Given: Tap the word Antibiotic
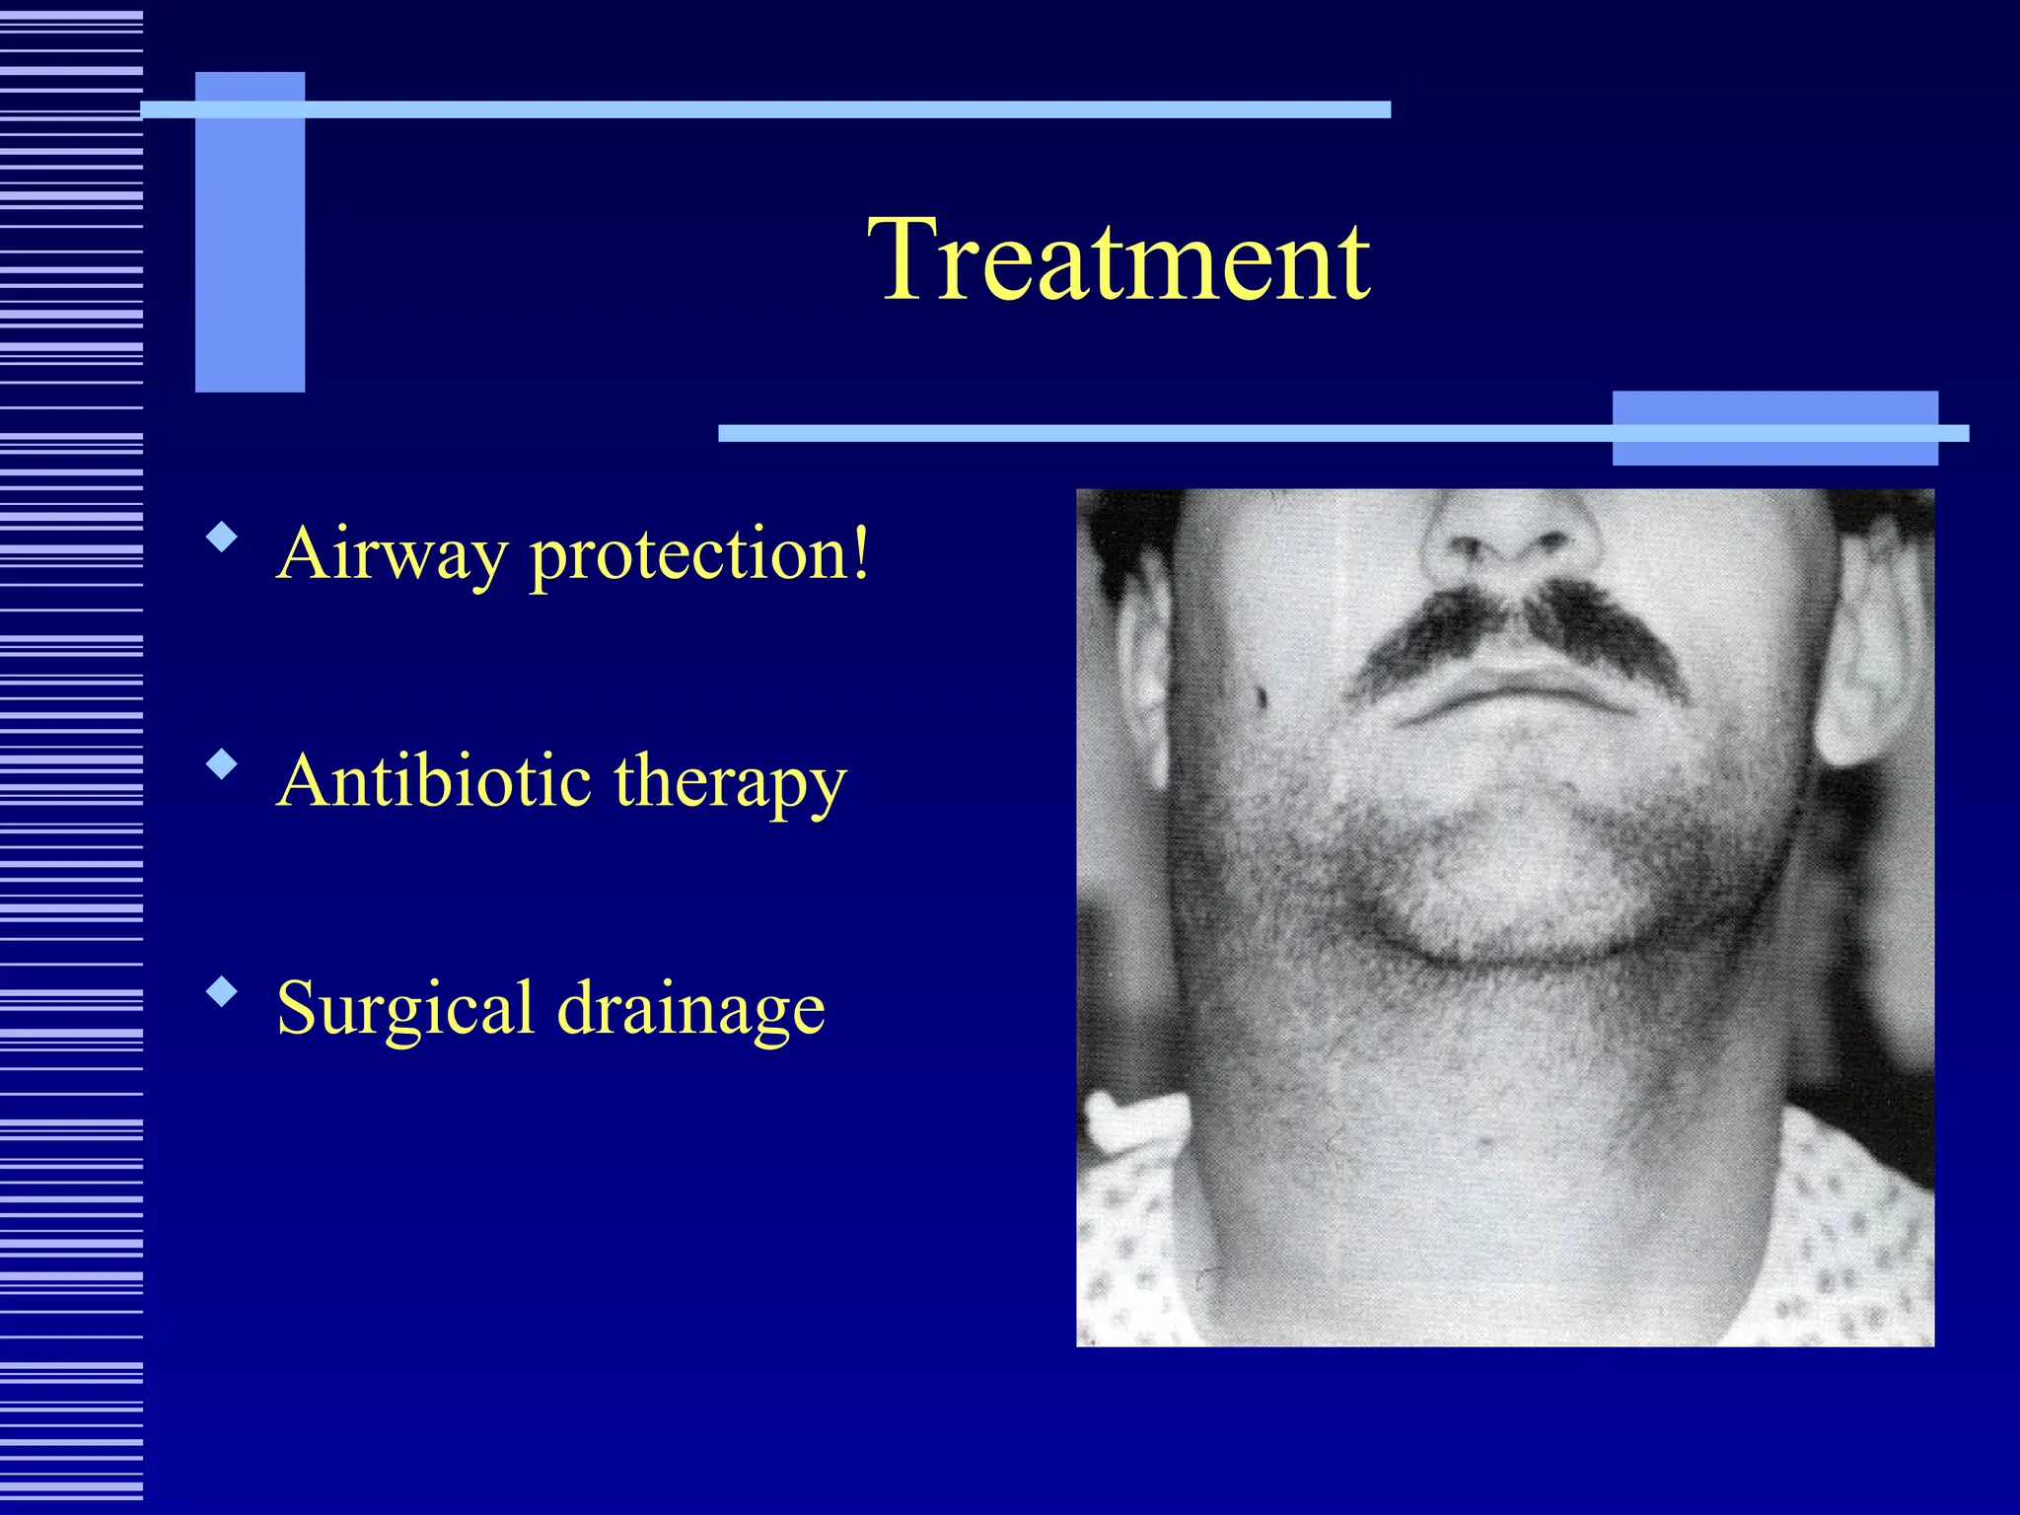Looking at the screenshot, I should tap(434, 780).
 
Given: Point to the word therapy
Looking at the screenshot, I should tap(730, 784).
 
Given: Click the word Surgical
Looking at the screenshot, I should tap(404, 1009).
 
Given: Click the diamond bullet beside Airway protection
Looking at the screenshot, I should tap(223, 538).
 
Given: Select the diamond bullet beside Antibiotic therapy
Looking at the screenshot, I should tap(223, 764).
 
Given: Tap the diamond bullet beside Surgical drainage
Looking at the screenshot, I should tap(223, 991).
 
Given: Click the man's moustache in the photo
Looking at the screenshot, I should tap(1519, 631).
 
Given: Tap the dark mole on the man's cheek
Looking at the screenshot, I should tap(1262, 697).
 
